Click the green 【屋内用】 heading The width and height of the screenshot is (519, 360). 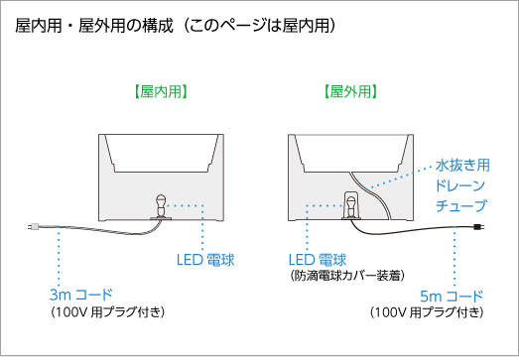[161, 91]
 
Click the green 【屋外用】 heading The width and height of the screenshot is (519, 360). [350, 91]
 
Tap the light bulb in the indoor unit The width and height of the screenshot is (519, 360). [161, 205]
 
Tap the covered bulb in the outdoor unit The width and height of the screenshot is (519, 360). [351, 205]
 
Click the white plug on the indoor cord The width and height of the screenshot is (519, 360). [34, 227]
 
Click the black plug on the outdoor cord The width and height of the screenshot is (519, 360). [479, 227]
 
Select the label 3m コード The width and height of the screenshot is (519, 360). [81, 295]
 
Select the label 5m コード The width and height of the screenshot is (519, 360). [452, 296]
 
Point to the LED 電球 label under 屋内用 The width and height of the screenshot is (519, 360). [205, 260]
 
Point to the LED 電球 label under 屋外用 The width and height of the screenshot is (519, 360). [318, 260]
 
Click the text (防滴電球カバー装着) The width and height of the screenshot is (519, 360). [347, 276]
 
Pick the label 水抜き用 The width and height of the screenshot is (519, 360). [462, 165]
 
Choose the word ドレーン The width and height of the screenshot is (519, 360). [460, 185]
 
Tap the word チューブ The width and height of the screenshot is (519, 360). [461, 205]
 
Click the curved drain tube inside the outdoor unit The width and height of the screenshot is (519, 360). [372, 195]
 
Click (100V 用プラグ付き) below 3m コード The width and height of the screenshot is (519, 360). [107, 312]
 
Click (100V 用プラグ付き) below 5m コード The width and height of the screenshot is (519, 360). [427, 312]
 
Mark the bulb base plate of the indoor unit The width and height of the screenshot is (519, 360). [161, 218]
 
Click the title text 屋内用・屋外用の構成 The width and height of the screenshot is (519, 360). [94, 26]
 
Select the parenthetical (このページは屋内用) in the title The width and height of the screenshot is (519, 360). [260, 26]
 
